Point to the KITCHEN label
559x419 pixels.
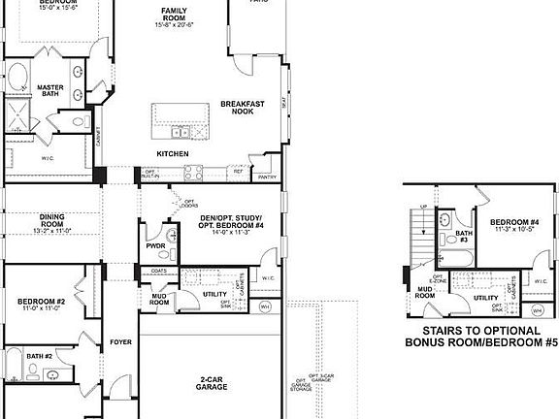point(173,154)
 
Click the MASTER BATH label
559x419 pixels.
point(50,90)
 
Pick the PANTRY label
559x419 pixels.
point(268,177)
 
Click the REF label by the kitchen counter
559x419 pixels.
point(238,171)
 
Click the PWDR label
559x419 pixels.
point(156,246)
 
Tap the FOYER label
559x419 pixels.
point(120,341)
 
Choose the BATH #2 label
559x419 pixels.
point(40,356)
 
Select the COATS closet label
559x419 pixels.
point(159,271)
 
